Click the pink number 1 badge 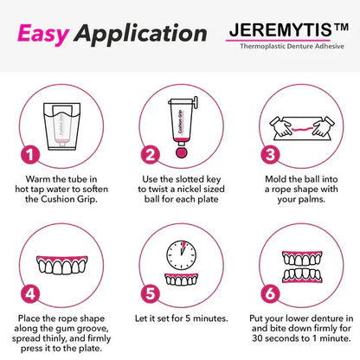pyautogui.click(x=30, y=157)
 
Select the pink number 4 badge pyautogui.click(x=30, y=292)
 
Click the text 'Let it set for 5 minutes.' pyautogui.click(x=179, y=318)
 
